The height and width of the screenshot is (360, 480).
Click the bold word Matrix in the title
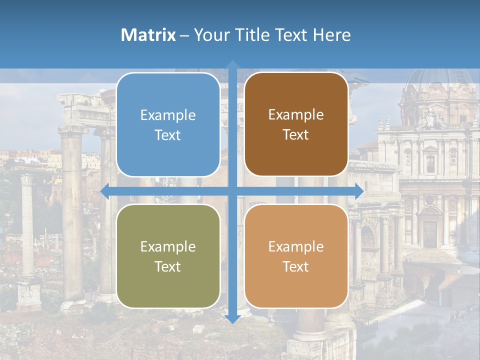click(148, 35)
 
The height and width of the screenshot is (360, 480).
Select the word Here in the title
click(331, 35)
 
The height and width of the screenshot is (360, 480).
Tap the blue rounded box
click(168, 124)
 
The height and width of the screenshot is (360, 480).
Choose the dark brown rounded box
click(296, 124)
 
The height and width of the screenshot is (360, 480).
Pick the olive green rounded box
click(168, 256)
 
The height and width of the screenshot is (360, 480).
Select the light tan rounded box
click(296, 256)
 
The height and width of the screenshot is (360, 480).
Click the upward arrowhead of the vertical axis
click(232, 65)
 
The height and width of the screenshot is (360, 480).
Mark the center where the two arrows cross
click(232, 191)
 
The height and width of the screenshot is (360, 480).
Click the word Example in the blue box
click(168, 115)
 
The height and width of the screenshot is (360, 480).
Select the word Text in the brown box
click(296, 135)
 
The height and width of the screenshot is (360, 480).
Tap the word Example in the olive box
click(168, 247)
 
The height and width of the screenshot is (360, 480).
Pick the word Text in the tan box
click(296, 267)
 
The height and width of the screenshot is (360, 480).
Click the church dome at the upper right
click(440, 80)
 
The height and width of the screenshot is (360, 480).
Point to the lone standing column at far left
click(27, 230)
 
